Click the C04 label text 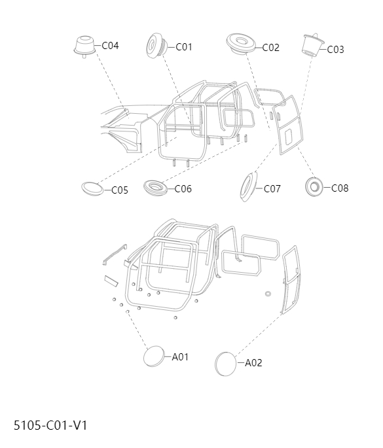click(110, 46)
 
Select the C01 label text click(184, 46)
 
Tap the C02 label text click(270, 47)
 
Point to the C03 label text click(335, 49)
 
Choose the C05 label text click(120, 190)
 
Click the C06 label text click(183, 189)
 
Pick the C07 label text click(272, 189)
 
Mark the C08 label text click(340, 188)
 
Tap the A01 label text click(180, 357)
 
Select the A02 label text click(253, 363)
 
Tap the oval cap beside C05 click(93, 188)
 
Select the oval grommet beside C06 click(156, 188)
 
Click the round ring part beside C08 click(314, 186)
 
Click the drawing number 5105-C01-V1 click(50, 425)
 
